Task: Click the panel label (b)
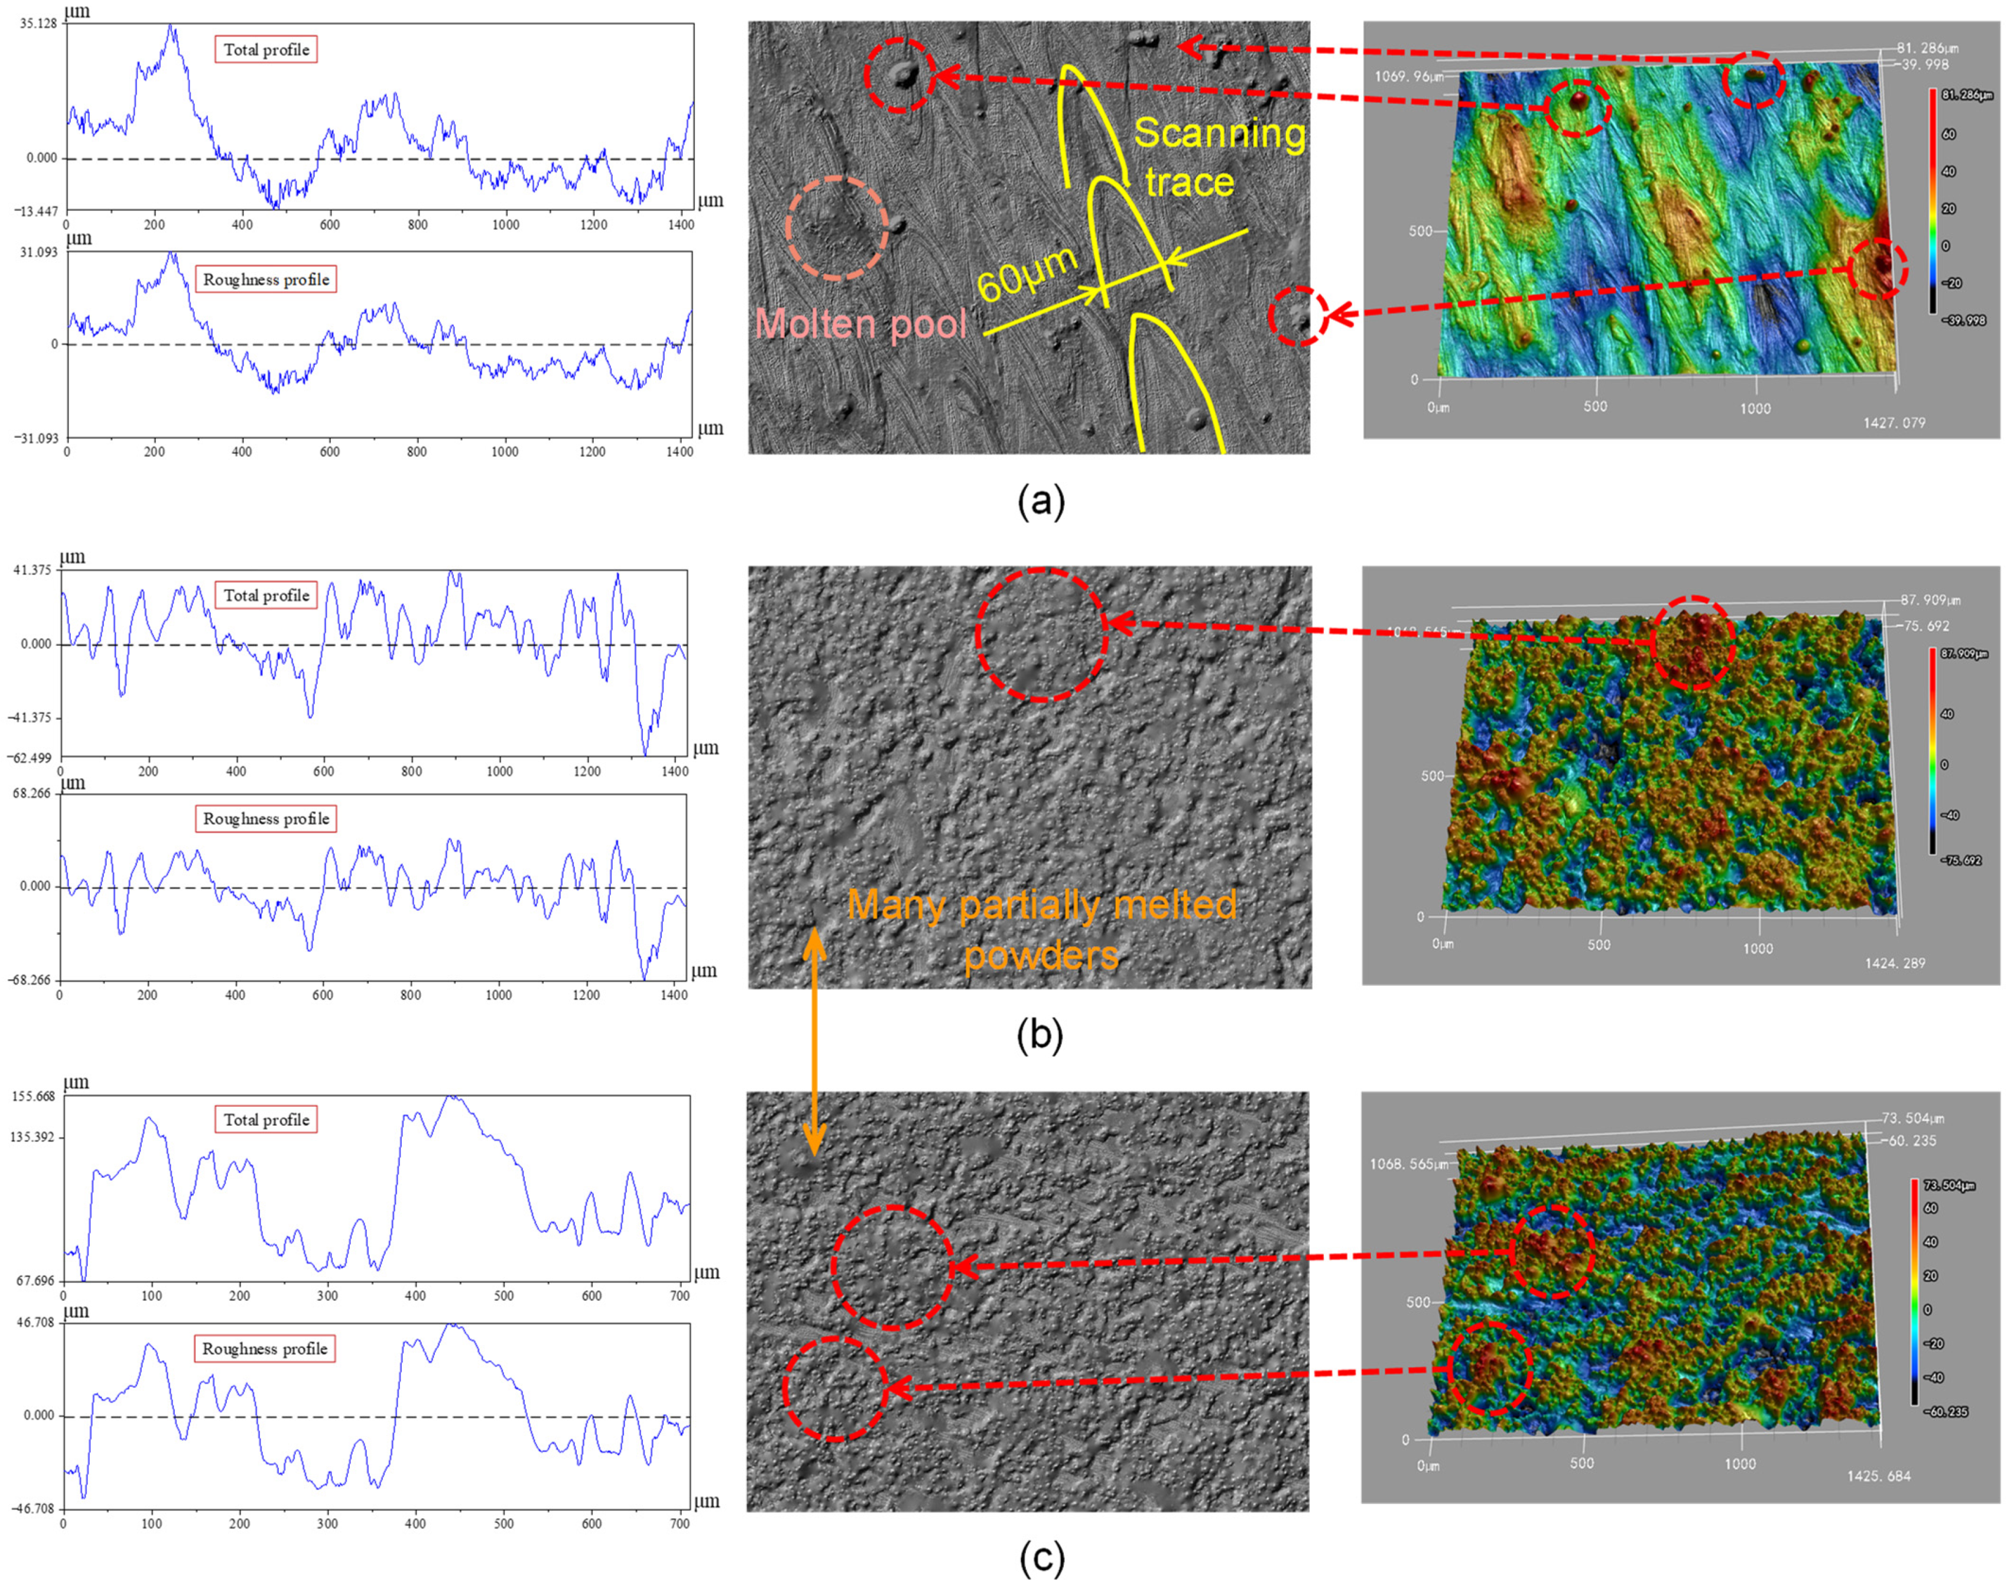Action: [x=1039, y=1035]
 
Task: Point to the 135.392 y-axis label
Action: [x=33, y=1136]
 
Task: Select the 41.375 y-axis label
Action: [x=33, y=570]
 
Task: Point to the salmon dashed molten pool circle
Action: [x=836, y=228]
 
